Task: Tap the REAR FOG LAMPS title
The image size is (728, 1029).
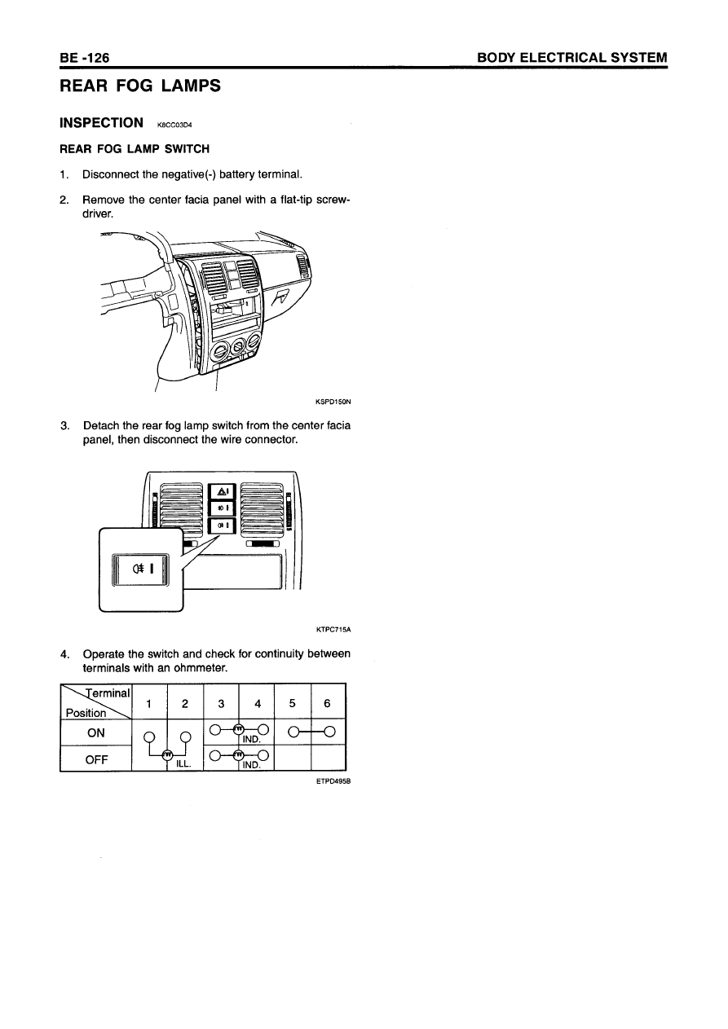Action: (x=139, y=86)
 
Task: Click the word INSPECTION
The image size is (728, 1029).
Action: (x=102, y=123)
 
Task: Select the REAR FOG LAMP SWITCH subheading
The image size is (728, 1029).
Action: (x=135, y=149)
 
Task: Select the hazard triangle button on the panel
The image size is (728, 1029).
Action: (x=223, y=491)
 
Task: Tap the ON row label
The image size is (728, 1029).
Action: (x=96, y=732)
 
